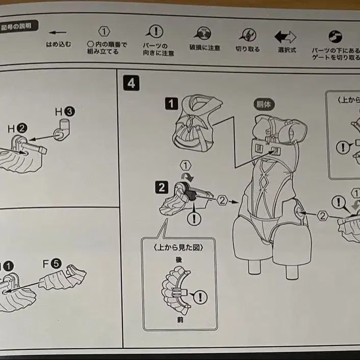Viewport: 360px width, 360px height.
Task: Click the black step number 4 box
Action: [131, 83]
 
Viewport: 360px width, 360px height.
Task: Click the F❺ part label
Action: [52, 264]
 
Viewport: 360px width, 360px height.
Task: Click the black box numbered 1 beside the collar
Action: [171, 104]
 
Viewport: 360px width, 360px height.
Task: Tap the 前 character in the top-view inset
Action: [179, 320]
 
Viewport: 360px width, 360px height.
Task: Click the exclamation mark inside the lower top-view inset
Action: [200, 296]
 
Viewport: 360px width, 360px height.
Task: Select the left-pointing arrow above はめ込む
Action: [57, 33]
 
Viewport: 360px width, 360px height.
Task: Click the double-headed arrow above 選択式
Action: [285, 37]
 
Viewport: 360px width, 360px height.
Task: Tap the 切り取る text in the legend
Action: [247, 49]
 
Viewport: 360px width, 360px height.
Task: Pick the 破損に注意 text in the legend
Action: [205, 48]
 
